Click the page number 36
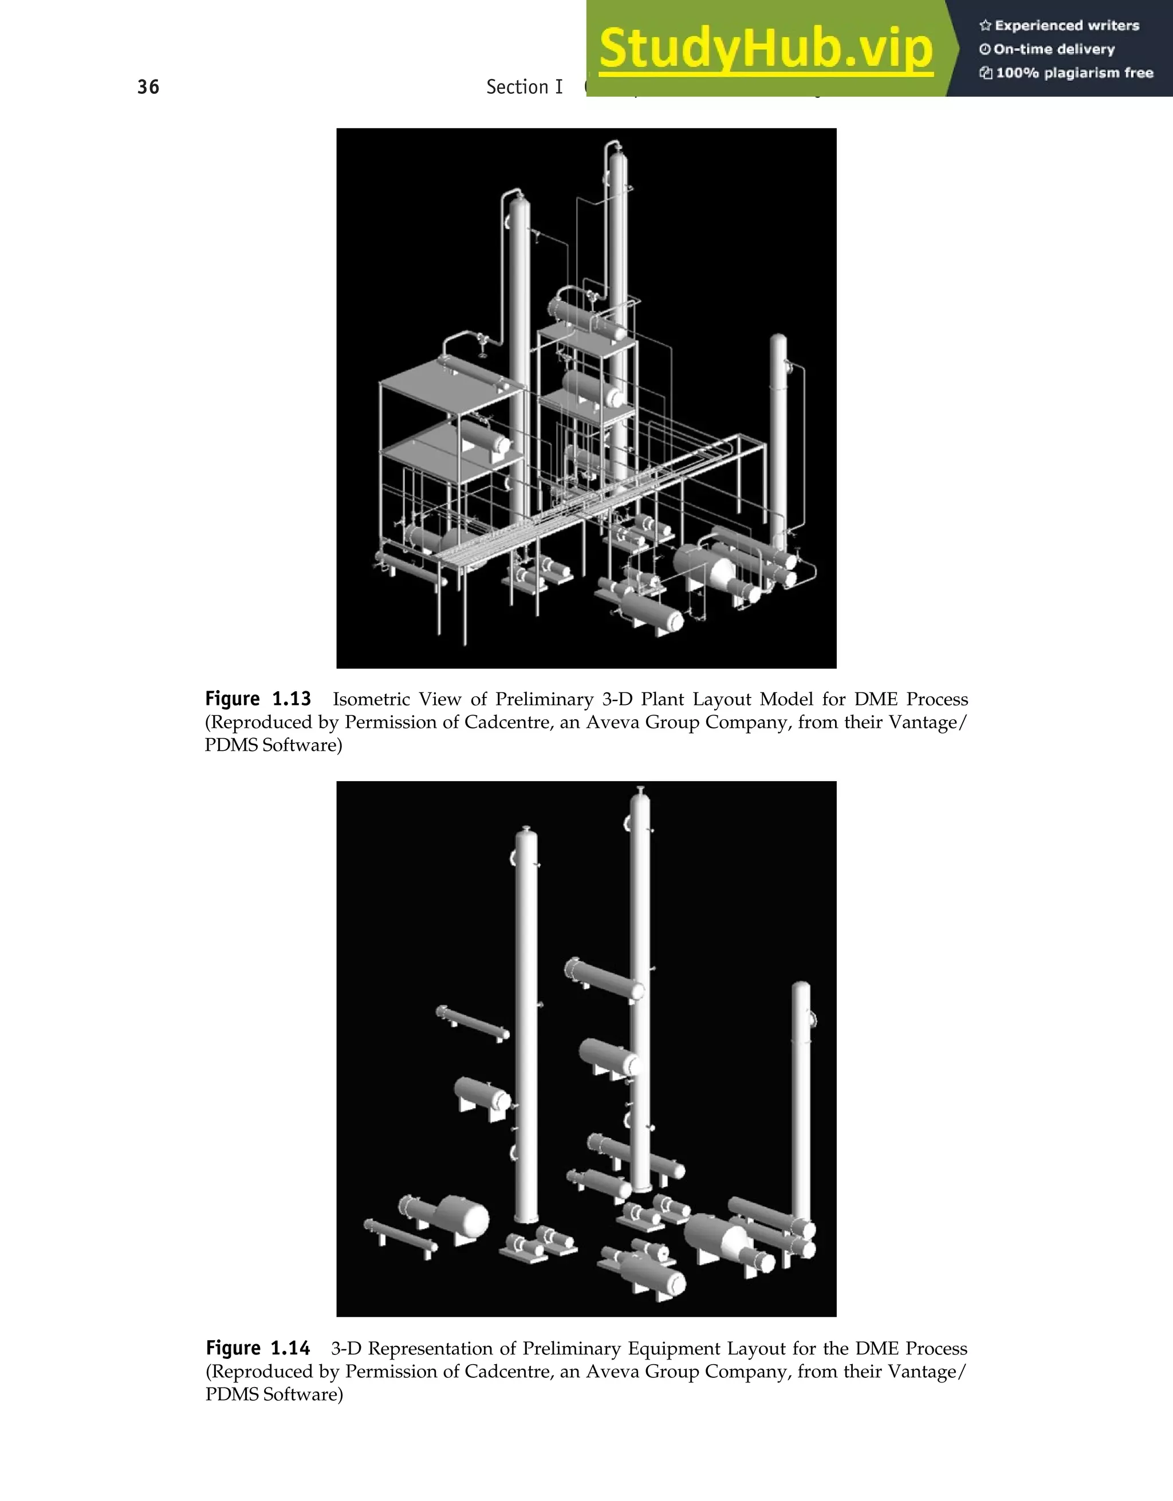148,87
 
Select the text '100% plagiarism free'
1074,73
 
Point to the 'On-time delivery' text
1054,49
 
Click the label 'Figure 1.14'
258,1349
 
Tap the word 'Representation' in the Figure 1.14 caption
430,1349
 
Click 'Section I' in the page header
524,87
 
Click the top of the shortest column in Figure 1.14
801,986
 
